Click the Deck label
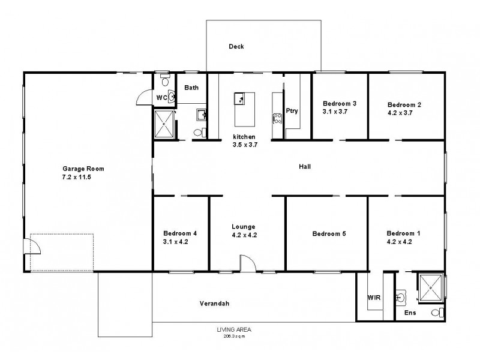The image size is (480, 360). pyautogui.click(x=236, y=47)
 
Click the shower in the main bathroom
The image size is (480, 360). pyautogui.click(x=164, y=125)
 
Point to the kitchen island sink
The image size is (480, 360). pyautogui.click(x=240, y=98)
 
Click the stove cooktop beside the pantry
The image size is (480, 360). pyautogui.click(x=277, y=118)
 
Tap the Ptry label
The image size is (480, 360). pyautogui.click(x=292, y=111)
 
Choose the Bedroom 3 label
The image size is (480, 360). pyautogui.click(x=340, y=103)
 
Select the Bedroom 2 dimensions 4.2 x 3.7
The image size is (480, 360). pyautogui.click(x=404, y=113)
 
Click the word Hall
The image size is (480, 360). pyautogui.click(x=304, y=167)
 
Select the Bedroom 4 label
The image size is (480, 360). pyautogui.click(x=180, y=233)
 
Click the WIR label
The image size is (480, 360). pyautogui.click(x=373, y=297)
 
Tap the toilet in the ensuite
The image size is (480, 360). pyautogui.click(x=439, y=313)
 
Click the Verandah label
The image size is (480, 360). pyautogui.click(x=214, y=304)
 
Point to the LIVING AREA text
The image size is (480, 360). pyautogui.click(x=234, y=329)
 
